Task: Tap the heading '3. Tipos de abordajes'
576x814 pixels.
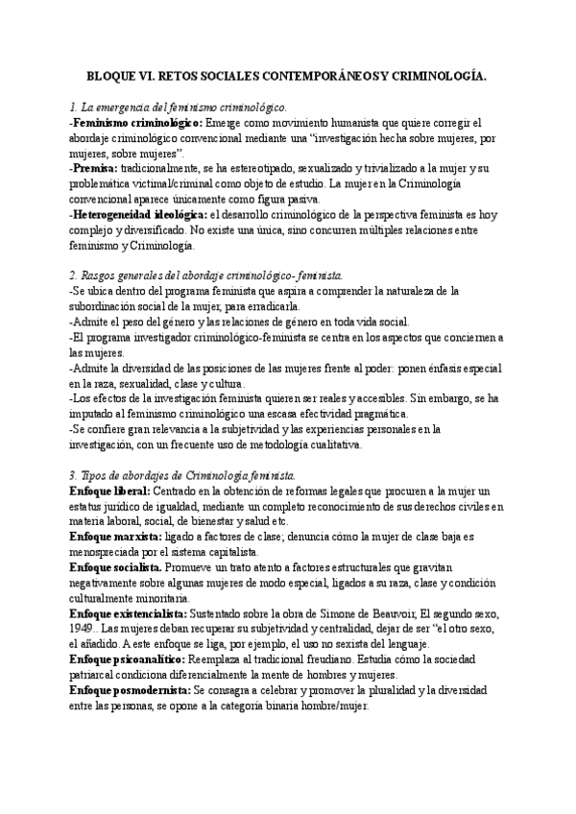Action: [182, 475]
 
